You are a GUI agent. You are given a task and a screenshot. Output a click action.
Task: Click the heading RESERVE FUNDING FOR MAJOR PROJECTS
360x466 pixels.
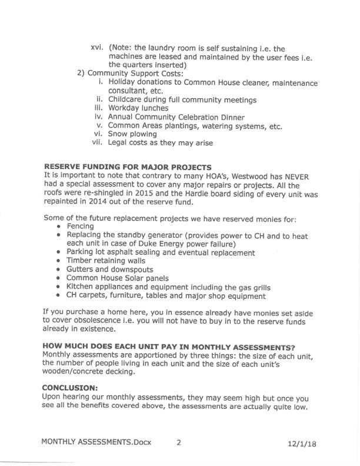[x=128, y=167]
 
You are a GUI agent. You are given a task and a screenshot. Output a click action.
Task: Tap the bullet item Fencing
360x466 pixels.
[x=80, y=226]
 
